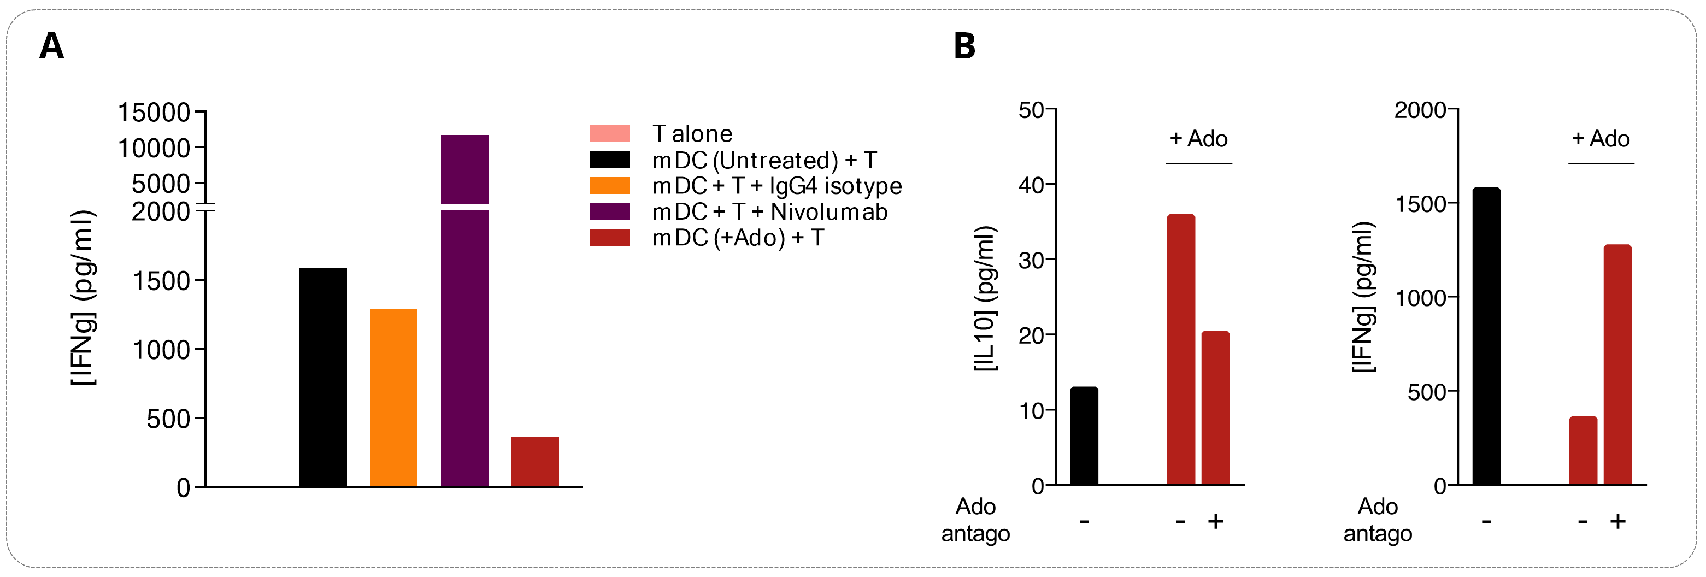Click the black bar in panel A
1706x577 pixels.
pyautogui.click(x=322, y=377)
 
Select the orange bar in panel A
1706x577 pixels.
pyautogui.click(x=393, y=397)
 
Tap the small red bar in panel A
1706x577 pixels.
pyautogui.click(x=534, y=461)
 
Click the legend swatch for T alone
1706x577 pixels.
pyautogui.click(x=609, y=134)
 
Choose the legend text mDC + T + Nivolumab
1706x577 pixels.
pyautogui.click(x=769, y=212)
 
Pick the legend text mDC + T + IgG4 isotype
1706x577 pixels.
pyautogui.click(x=777, y=186)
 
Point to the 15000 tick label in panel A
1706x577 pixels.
pyautogui.click(x=154, y=113)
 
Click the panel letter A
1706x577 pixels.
pyautogui.click(x=52, y=46)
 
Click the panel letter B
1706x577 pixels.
pyautogui.click(x=964, y=46)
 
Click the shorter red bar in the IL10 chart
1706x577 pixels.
pyautogui.click(x=1215, y=408)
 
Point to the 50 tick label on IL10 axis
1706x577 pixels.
pyautogui.click(x=1031, y=110)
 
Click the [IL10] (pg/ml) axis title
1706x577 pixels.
pyautogui.click(x=985, y=298)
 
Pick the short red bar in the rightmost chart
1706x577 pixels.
pyautogui.click(x=1583, y=450)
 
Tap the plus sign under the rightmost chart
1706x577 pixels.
pyautogui.click(x=1618, y=521)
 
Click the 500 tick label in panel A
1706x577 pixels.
pyautogui.click(x=168, y=419)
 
